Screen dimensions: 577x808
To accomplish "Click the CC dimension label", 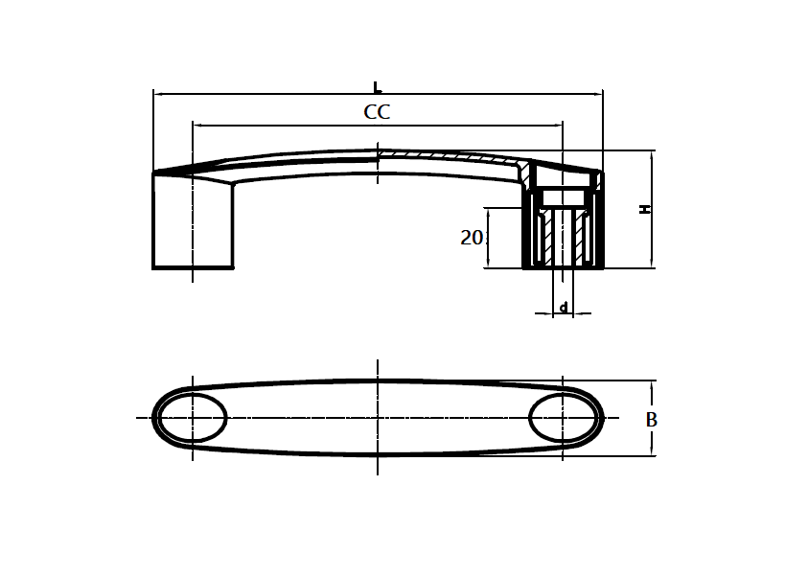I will pos(377,112).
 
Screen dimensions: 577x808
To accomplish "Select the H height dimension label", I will pos(646,208).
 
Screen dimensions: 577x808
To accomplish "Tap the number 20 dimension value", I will pos(472,238).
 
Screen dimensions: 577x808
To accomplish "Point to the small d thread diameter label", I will pos(564,307).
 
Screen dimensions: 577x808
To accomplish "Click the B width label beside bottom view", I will pos(651,420).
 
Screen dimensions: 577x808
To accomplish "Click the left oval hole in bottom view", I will pos(192,419).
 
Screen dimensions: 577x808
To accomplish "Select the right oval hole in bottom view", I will pos(564,419).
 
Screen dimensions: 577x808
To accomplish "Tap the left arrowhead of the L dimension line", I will pos(158,94).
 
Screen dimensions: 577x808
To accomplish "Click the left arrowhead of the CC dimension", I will pos(197,125).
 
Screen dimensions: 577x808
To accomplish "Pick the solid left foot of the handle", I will pos(193,222).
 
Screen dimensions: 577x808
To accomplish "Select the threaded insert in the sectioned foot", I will pos(564,237).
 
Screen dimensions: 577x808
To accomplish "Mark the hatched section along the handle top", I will pos(450,156).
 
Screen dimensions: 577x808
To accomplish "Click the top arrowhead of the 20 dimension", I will pos(489,212).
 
